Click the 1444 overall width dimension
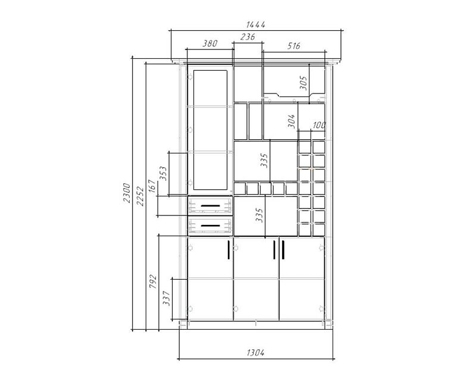tap(256, 25)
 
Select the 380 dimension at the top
tap(210, 43)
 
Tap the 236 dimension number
tap(247, 37)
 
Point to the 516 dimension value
tap(294, 46)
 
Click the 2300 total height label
tap(127, 193)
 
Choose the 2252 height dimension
tap(140, 196)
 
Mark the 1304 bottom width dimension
tap(256, 353)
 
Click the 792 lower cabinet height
tap(152, 281)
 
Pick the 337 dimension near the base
tap(167, 298)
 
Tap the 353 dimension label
tap(164, 173)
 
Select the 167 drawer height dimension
tap(152, 186)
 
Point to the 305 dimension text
tap(303, 83)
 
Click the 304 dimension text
tap(292, 121)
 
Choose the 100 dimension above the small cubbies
tap(319, 125)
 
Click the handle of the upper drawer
tap(210, 206)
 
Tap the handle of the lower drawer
tap(210, 226)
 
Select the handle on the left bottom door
tap(228, 250)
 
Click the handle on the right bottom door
tap(283, 250)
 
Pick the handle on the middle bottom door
tap(274, 250)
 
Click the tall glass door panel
tap(210, 130)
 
